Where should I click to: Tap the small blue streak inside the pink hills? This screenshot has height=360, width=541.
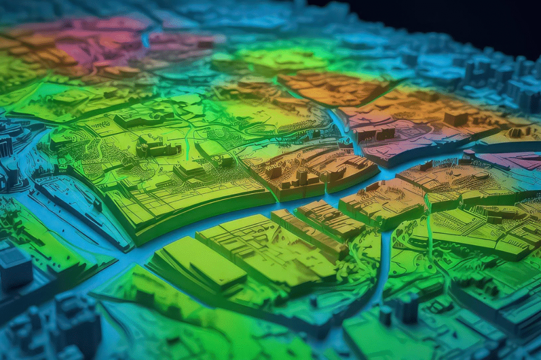coord(144,40)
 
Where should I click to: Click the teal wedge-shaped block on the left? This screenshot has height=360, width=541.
coord(79,206)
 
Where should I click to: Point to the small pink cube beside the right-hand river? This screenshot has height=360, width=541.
coord(468,154)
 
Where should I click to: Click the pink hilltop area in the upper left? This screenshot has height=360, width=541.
coord(95,37)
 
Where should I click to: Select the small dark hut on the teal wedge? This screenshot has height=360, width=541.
coord(98,205)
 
